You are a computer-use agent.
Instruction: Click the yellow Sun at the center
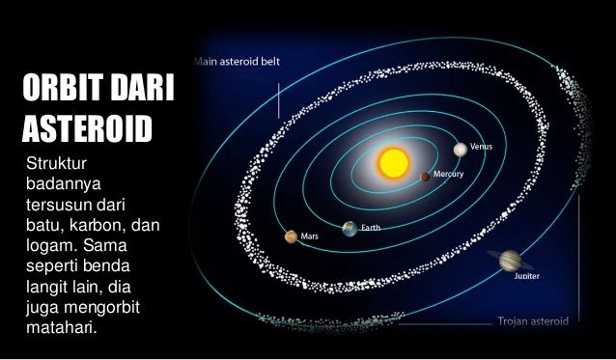(393, 163)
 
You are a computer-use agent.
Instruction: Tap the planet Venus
(460, 150)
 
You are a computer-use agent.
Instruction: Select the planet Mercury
(425, 177)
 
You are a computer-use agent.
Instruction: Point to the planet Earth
(349, 229)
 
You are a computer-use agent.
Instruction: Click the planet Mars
(290, 236)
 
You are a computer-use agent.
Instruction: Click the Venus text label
(481, 146)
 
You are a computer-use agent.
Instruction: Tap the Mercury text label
(449, 174)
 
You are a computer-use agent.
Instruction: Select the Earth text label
(372, 228)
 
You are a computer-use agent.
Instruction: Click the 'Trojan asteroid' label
(532, 320)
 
